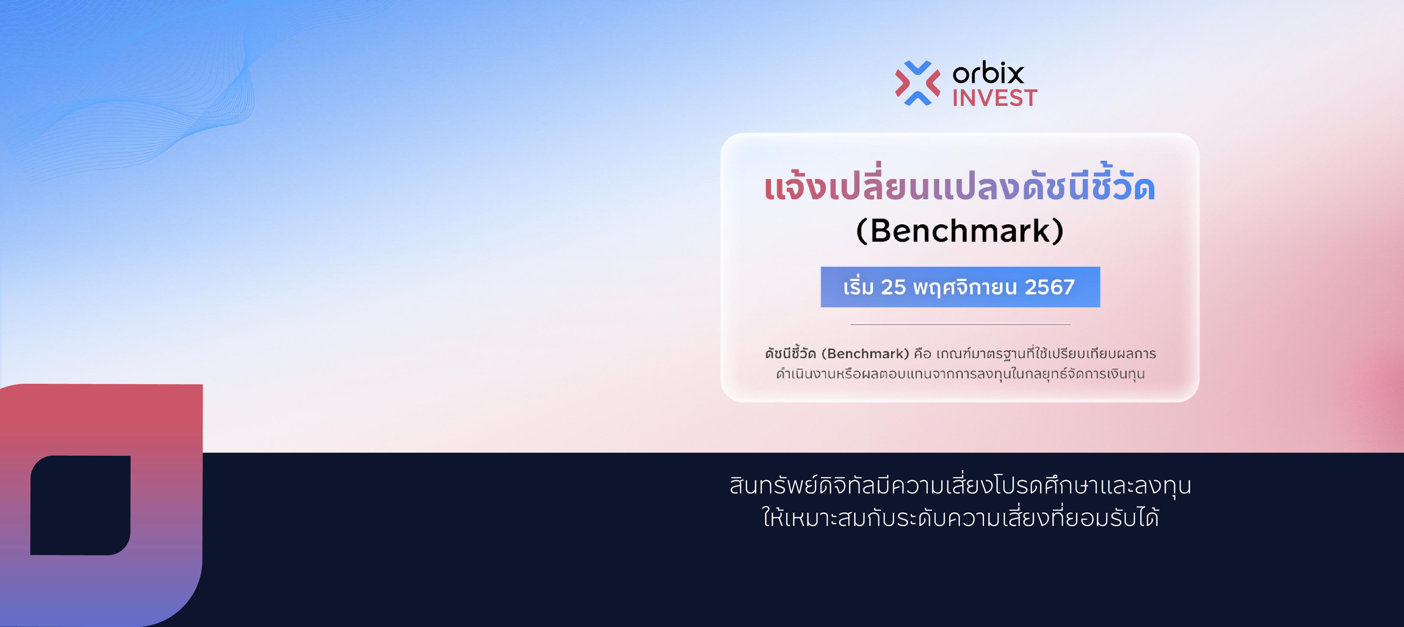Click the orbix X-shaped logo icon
point(917,83)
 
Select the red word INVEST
point(994,98)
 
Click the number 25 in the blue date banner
point(893,287)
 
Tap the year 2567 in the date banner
point(1050,287)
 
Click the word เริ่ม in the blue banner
point(858,287)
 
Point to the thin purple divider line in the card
point(960,324)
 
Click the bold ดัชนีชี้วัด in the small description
point(790,353)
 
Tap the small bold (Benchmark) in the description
point(865,354)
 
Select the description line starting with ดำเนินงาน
point(960,374)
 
